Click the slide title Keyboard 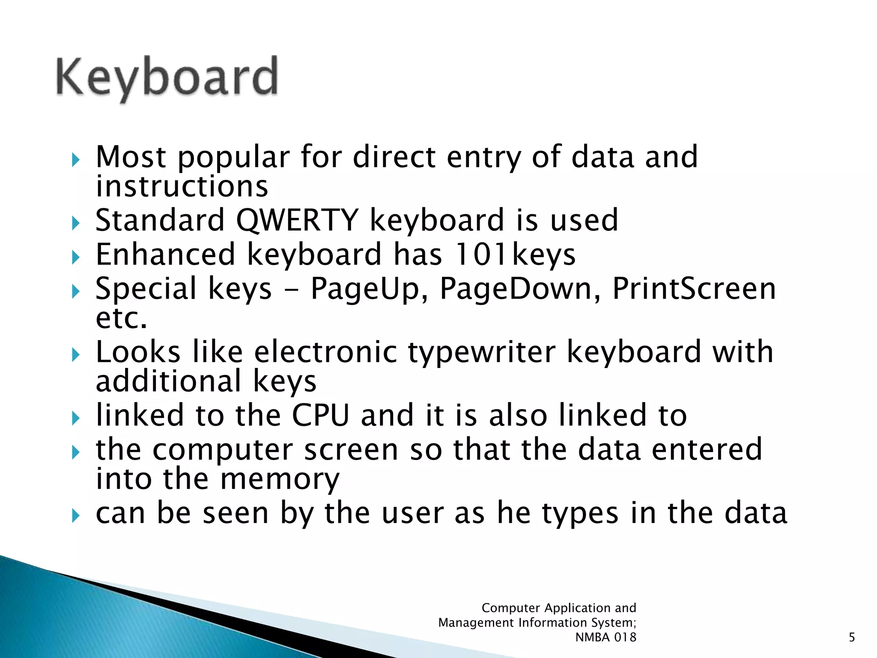(167, 77)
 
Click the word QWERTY (297, 220)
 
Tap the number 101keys (514, 254)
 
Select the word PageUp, (369, 289)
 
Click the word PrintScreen (694, 289)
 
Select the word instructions (182, 187)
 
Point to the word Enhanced (165, 254)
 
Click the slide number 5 (852, 637)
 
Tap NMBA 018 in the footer (606, 637)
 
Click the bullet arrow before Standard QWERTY (76, 223)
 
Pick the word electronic (326, 352)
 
